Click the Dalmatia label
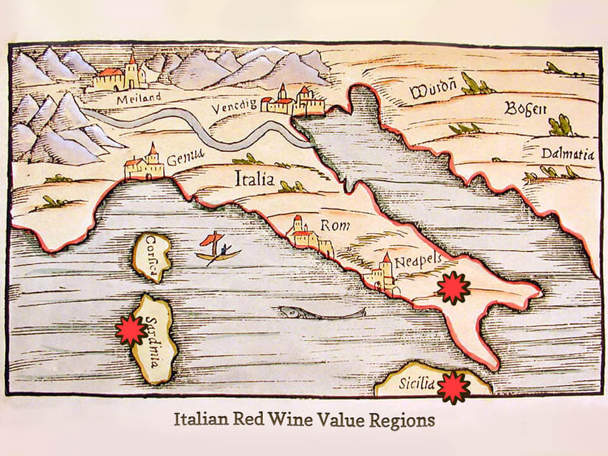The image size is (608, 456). pyautogui.click(x=567, y=153)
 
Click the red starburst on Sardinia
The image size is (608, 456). pyautogui.click(x=131, y=330)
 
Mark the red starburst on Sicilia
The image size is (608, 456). pyautogui.click(x=453, y=387)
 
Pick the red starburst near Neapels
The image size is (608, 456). pyautogui.click(x=453, y=288)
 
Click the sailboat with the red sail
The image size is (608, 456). pyautogui.click(x=217, y=248)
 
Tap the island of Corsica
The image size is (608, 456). pyautogui.click(x=152, y=257)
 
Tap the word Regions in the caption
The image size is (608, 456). pyautogui.click(x=402, y=421)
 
